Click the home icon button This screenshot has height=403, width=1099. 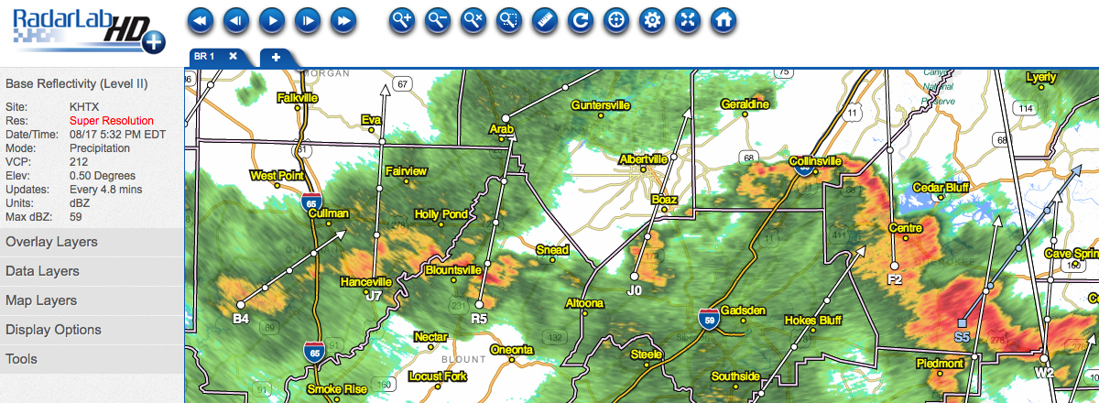coord(724,19)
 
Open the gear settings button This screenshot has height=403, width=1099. coord(652,19)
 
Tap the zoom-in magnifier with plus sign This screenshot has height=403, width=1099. coord(402,19)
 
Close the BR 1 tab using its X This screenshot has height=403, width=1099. coord(233,56)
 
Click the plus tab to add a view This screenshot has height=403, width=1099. coord(276,57)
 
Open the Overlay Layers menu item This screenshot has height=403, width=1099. coord(51,242)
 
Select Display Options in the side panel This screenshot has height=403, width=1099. coord(53,330)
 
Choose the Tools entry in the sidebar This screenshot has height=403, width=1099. coord(21,359)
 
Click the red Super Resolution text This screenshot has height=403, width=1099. coord(112,120)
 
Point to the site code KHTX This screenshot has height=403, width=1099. coord(86,106)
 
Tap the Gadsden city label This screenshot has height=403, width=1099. coord(743,310)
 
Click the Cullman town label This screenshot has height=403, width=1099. coord(330,213)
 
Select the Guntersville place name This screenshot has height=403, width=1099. coord(601,105)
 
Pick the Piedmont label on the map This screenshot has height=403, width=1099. coord(939,364)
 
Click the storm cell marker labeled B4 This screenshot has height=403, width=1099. coord(240,305)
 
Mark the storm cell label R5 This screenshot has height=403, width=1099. coord(479,319)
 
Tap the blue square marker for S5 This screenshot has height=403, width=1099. coord(962,323)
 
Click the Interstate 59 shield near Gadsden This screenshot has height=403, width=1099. coord(706,318)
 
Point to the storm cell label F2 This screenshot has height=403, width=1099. coord(895,279)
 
